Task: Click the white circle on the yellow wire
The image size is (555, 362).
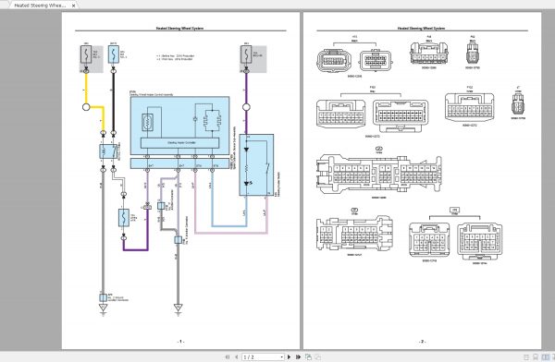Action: click(x=88, y=107)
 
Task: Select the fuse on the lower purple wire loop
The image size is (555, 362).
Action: click(x=125, y=220)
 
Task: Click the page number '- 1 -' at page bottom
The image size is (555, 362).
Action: click(x=181, y=341)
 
